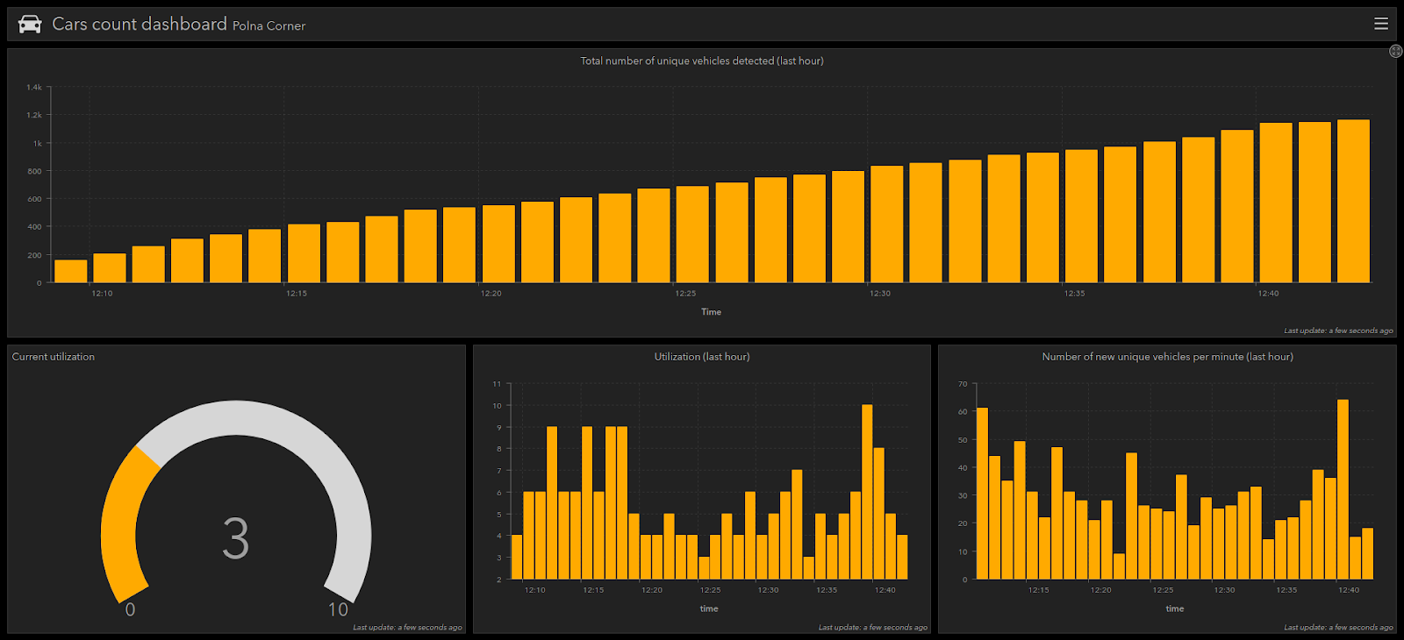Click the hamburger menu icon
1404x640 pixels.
coord(1381,24)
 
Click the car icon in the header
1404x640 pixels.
coord(30,25)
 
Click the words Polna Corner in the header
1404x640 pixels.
coord(269,26)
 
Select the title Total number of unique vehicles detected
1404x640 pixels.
coord(701,60)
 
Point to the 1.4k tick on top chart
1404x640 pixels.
coord(34,88)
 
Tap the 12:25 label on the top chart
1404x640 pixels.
coord(685,294)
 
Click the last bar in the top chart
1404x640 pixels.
coord(1353,202)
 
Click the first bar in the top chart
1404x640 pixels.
coord(71,271)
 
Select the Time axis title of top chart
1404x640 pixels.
coord(711,312)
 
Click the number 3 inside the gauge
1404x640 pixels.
coord(236,537)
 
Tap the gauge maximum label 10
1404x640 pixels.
coord(338,609)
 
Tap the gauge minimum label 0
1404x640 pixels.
coord(130,609)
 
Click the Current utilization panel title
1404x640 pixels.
coord(54,357)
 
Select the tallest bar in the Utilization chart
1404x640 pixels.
coord(867,491)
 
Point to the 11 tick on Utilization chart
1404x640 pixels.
coord(497,384)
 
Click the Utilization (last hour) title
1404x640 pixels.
coord(701,357)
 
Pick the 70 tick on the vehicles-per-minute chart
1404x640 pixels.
coord(963,384)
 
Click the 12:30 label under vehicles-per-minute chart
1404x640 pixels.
coord(1224,590)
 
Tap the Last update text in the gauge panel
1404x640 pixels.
coord(407,628)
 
